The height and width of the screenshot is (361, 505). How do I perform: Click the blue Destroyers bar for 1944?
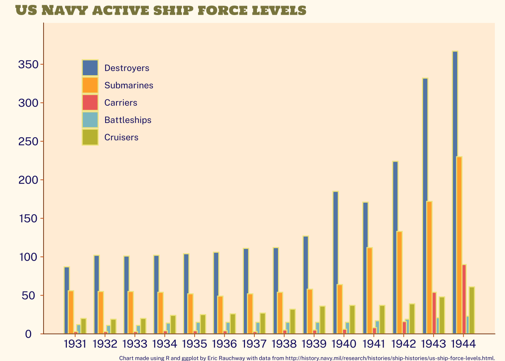point(455,192)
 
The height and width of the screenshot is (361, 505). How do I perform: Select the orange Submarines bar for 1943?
point(429,267)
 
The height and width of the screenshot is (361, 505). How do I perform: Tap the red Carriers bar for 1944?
point(464,299)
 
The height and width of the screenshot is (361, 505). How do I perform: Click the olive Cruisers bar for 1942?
point(412,319)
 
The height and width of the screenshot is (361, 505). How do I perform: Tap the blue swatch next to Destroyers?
point(90,68)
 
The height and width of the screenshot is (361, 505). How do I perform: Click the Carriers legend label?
point(121,103)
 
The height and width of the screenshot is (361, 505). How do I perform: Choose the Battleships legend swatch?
point(90,120)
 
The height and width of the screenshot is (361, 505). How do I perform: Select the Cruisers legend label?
point(121,137)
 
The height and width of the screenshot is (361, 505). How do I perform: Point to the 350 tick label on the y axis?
point(29,65)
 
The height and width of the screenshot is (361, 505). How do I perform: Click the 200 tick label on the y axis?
point(29,180)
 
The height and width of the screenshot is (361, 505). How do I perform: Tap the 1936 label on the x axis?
point(224,344)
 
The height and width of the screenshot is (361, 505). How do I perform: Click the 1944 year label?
point(463,344)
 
